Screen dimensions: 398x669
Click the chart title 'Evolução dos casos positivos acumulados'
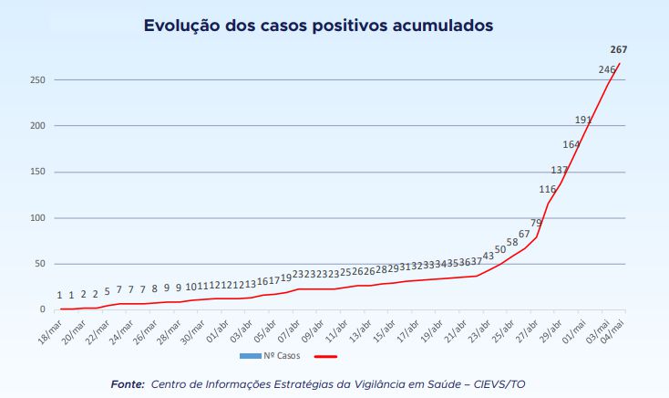coord(318,26)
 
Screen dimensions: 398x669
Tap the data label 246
coord(607,70)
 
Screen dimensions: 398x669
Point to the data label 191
coord(583,120)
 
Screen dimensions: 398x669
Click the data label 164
coord(571,144)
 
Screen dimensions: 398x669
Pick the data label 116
coord(548,190)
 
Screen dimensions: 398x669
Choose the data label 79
coord(537,223)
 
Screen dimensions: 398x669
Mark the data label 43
coord(489,257)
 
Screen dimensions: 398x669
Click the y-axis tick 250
coord(36,80)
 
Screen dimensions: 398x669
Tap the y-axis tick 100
coord(36,218)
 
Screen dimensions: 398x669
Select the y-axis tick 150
coord(36,173)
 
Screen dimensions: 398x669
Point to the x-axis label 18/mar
coord(51,330)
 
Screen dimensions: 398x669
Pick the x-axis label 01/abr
coord(217,330)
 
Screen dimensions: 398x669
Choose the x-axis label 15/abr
coord(383,330)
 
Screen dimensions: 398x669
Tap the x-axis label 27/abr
coord(526,330)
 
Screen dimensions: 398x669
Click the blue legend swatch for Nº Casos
coord(252,356)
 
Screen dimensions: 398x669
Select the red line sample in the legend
coord(325,356)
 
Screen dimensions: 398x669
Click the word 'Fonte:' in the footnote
coord(127,383)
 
